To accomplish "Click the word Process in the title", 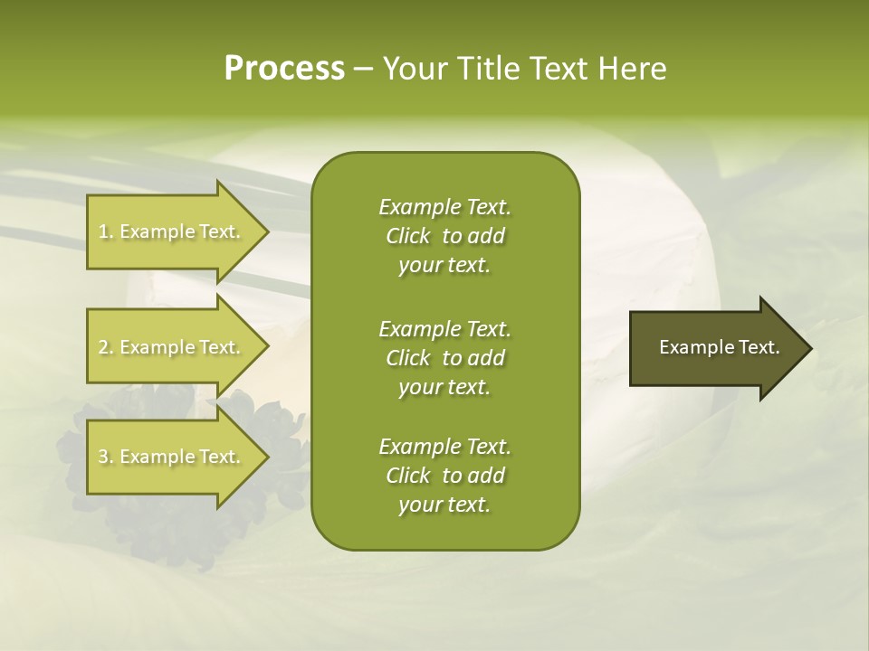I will [284, 69].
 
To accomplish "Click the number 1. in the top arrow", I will [105, 231].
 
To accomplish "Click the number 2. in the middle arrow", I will [105, 347].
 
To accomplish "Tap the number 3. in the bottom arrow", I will [105, 457].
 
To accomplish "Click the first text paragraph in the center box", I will [444, 236].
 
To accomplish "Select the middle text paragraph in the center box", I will [444, 357].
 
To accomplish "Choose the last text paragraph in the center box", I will [444, 476].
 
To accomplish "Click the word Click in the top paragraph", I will [407, 236].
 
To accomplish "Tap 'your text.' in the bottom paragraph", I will [444, 505].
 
